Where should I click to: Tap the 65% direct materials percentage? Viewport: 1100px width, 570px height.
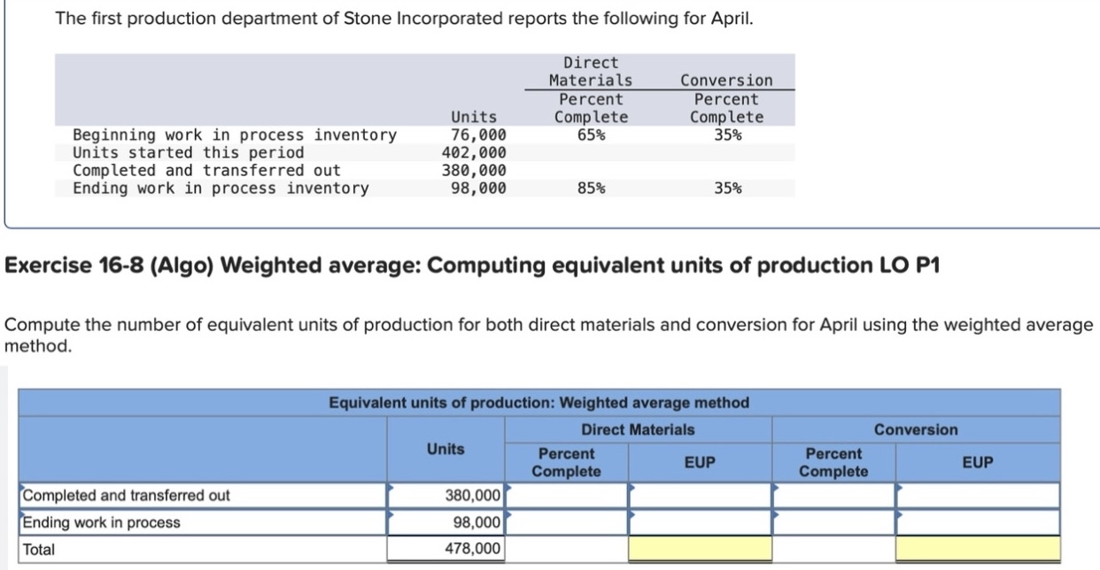click(x=591, y=135)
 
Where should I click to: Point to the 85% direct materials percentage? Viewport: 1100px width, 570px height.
click(x=591, y=188)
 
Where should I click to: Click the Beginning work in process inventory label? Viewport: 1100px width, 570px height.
click(x=235, y=135)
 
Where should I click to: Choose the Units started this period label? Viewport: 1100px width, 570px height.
click(x=188, y=152)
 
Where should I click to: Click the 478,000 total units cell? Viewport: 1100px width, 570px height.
click(x=445, y=549)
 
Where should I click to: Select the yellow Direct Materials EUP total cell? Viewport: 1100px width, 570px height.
click(x=700, y=549)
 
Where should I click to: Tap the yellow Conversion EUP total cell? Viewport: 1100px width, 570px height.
click(x=978, y=549)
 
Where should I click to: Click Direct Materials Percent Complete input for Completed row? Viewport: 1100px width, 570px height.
click(x=567, y=495)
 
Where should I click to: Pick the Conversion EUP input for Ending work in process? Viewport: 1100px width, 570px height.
click(x=978, y=522)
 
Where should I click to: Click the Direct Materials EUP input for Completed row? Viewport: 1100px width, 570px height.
click(x=700, y=495)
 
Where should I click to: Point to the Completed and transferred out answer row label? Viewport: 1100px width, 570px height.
click(x=126, y=495)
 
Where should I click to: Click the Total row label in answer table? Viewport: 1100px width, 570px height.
click(x=39, y=549)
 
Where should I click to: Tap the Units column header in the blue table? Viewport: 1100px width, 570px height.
click(x=445, y=449)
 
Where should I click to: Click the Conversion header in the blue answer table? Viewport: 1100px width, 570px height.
click(x=916, y=429)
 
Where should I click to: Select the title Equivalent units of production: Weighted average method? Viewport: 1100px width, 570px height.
click(x=538, y=403)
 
